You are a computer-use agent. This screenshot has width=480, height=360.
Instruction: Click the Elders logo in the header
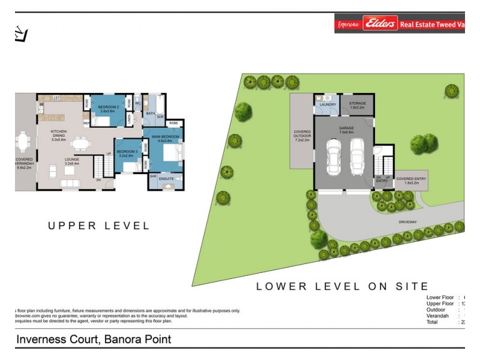pyautogui.click(x=380, y=24)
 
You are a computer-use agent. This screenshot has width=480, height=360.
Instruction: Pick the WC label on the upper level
pyautogui.click(x=137, y=103)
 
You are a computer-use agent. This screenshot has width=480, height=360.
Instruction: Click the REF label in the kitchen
pyautogui.click(x=86, y=124)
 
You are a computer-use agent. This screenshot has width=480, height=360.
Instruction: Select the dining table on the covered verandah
pyautogui.click(x=24, y=142)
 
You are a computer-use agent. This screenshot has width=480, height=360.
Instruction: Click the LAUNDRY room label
pyautogui.click(x=328, y=104)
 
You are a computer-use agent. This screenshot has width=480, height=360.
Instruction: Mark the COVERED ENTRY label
pyautogui.click(x=411, y=179)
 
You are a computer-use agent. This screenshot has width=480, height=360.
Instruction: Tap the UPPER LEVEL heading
pyautogui.click(x=99, y=226)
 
